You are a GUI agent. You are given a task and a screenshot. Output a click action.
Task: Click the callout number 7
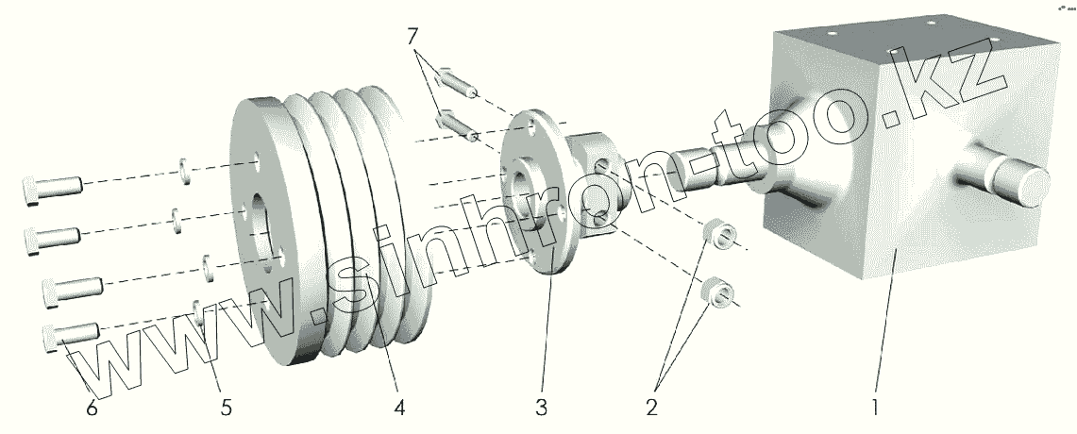pyautogui.click(x=412, y=38)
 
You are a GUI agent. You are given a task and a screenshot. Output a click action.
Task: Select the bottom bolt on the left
pyautogui.click(x=71, y=334)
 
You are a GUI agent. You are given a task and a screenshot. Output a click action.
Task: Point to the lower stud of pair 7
pyautogui.click(x=457, y=123)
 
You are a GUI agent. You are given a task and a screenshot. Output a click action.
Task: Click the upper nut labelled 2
pyautogui.click(x=720, y=235)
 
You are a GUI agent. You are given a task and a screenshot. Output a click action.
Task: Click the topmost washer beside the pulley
pyautogui.click(x=185, y=171)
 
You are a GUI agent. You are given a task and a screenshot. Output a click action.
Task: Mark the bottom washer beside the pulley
pyautogui.click(x=197, y=309)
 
